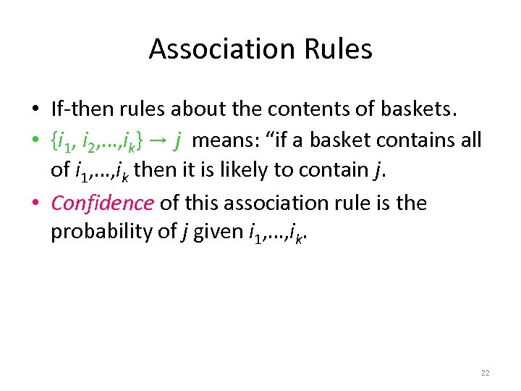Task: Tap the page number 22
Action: tap(485, 373)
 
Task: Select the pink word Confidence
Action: tap(102, 203)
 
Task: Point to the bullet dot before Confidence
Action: tap(35, 203)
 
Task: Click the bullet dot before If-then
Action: tap(35, 109)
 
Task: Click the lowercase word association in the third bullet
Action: tap(276, 203)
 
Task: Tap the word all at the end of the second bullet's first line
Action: tap(470, 140)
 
